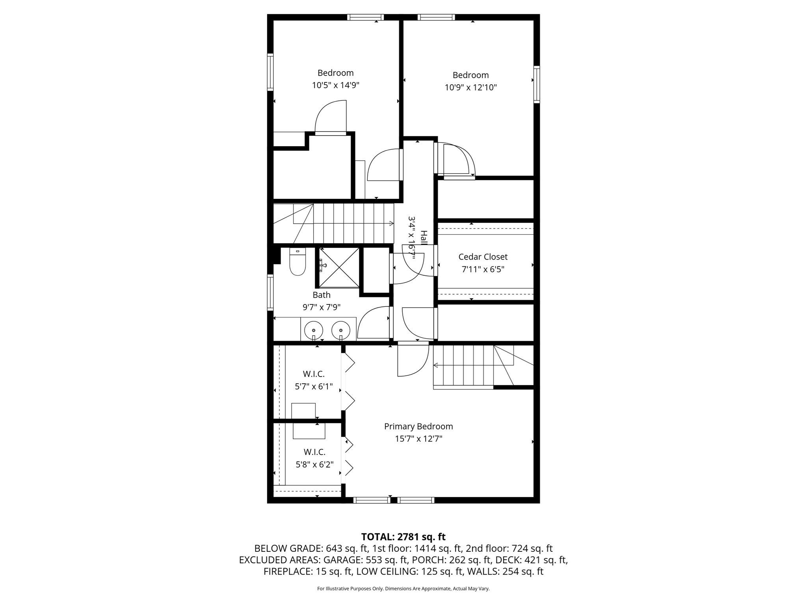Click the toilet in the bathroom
(298, 263)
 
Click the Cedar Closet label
(483, 257)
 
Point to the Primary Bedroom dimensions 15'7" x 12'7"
(418, 439)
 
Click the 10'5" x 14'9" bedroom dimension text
(336, 85)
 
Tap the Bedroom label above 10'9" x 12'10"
(470, 75)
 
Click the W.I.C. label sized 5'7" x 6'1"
(314, 374)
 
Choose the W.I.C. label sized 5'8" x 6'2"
(314, 452)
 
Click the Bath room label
(322, 295)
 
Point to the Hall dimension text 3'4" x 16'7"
(412, 237)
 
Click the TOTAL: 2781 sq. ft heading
(403, 536)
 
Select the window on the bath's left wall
(270, 292)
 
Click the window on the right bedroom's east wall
(537, 85)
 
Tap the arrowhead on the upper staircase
(391, 223)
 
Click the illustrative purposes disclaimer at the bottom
(403, 589)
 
